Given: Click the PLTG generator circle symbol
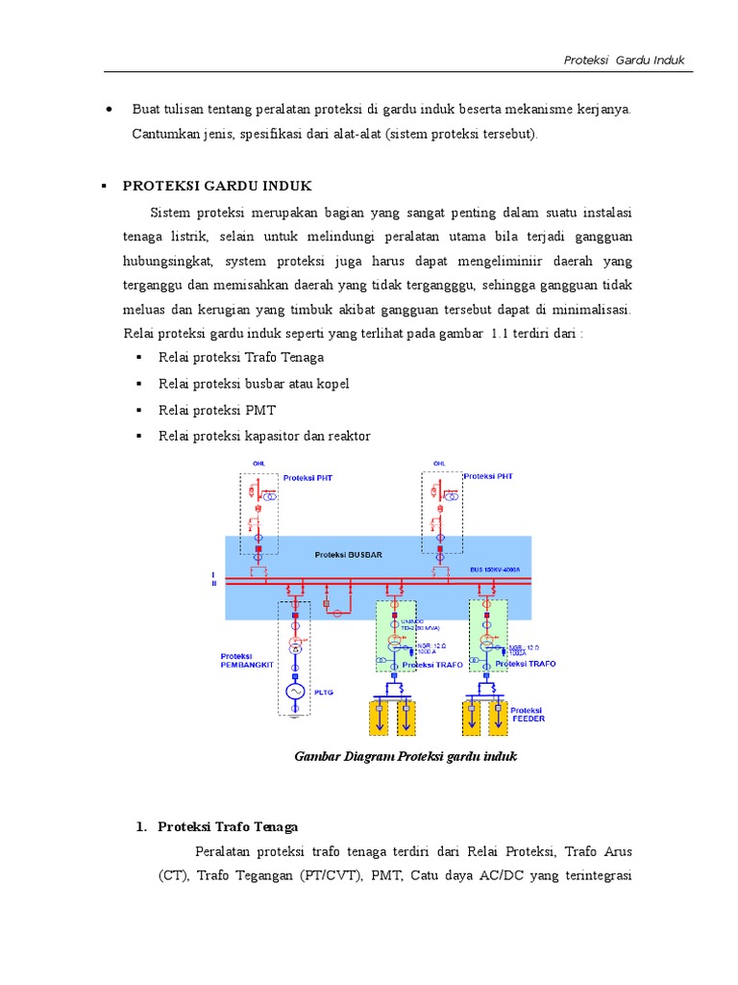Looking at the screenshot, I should pyautogui.click(x=295, y=692).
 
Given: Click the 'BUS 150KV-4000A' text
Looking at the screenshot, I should pyautogui.click(x=495, y=569).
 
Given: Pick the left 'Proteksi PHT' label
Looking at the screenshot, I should pyautogui.click(x=308, y=477).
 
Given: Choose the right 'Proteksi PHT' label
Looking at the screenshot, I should pyautogui.click(x=488, y=476).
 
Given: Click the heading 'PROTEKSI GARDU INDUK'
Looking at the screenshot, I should pyautogui.click(x=217, y=186).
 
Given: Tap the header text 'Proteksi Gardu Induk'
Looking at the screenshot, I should pyautogui.click(x=624, y=60).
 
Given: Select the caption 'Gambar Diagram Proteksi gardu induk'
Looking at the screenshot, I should pyautogui.click(x=406, y=756).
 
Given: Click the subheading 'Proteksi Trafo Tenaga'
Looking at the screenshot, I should pyautogui.click(x=228, y=826).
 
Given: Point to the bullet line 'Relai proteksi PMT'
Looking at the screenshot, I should pyautogui.click(x=217, y=410).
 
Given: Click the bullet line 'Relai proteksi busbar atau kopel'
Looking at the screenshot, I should pyautogui.click(x=254, y=384).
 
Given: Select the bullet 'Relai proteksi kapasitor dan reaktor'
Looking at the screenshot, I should pyautogui.click(x=264, y=436).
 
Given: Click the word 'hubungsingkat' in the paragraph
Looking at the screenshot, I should pyautogui.click(x=169, y=262).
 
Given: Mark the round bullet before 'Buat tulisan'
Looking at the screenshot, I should pyautogui.click(x=110, y=110).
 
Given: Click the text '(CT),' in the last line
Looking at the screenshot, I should pyautogui.click(x=175, y=875).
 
